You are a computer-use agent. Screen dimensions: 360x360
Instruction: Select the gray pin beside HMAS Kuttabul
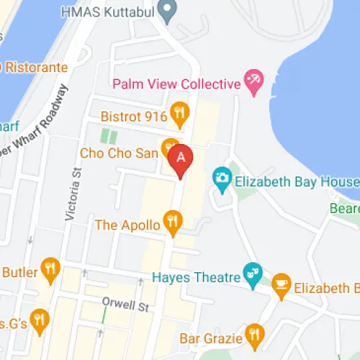point(168,11)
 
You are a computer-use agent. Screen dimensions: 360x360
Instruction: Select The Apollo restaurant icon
point(172,222)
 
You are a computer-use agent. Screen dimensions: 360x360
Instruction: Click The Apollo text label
point(127,225)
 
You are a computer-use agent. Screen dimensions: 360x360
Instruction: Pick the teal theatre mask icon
point(253,274)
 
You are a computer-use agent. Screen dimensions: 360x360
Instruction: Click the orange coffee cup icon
point(282,287)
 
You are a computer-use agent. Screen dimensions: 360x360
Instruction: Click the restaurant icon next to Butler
point(49,269)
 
